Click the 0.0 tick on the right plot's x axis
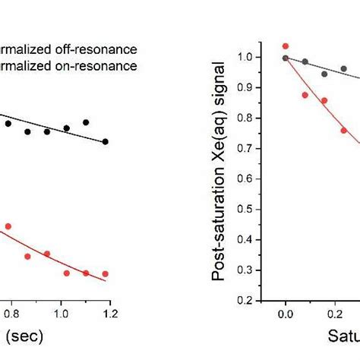pos(286,311)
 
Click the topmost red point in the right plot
pos(286,46)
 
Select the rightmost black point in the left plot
pos(106,141)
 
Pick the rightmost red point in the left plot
pos(106,273)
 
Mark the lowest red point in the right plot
pos(344,130)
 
